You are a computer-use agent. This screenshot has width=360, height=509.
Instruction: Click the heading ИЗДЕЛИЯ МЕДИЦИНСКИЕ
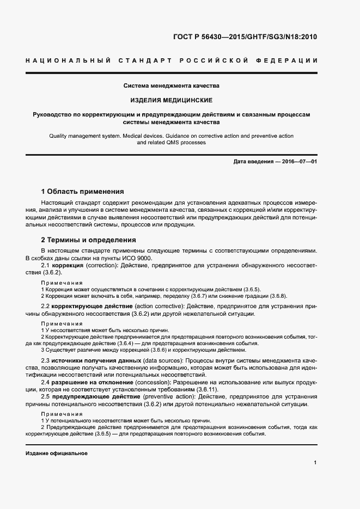(x=171, y=100)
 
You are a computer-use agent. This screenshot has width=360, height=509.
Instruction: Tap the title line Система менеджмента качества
(x=171, y=85)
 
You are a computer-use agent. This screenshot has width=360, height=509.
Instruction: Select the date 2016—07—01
(x=297, y=162)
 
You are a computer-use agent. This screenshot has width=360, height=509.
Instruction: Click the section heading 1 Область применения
(x=83, y=192)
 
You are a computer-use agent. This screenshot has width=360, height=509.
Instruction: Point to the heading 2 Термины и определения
(x=89, y=240)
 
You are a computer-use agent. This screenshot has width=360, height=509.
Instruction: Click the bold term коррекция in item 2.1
(x=68, y=265)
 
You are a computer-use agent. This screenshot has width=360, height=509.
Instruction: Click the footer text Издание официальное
(x=57, y=453)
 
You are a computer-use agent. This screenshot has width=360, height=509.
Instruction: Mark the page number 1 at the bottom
(x=315, y=463)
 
